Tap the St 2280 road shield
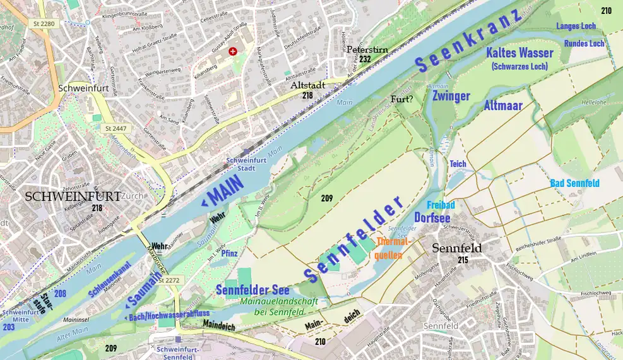pyautogui.click(x=42, y=24)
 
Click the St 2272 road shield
pyautogui.click(x=169, y=280)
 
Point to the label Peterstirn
pyautogui.click(x=366, y=49)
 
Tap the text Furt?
pyautogui.click(x=402, y=99)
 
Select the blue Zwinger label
pyautogui.click(x=451, y=96)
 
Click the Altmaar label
pyautogui.click(x=503, y=105)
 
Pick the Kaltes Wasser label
pyautogui.click(x=519, y=53)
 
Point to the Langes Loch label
pyautogui.click(x=576, y=27)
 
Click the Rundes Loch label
pyautogui.click(x=584, y=44)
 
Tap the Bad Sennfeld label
pyautogui.click(x=574, y=183)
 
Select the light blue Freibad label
pyautogui.click(x=441, y=205)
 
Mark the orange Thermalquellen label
pyautogui.click(x=394, y=248)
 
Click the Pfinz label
pyautogui.click(x=229, y=253)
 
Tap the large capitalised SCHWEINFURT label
pyautogui.click(x=73, y=196)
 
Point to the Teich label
pyautogui.click(x=458, y=164)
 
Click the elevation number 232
pyautogui.click(x=365, y=59)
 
